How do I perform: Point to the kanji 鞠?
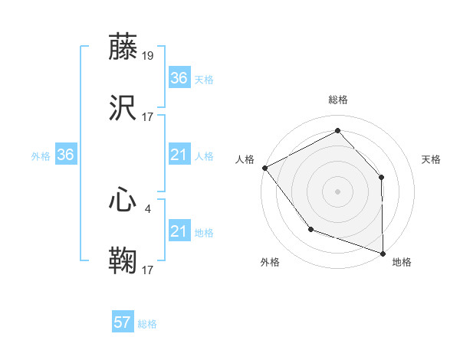(x=123, y=260)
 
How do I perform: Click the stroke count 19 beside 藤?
(x=149, y=55)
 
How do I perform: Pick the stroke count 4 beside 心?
(x=147, y=208)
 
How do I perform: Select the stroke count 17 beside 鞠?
(x=149, y=270)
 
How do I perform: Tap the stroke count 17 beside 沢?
(x=149, y=117)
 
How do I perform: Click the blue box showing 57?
(x=123, y=322)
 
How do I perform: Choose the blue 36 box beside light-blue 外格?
(x=65, y=155)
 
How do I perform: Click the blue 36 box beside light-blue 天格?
(x=179, y=78)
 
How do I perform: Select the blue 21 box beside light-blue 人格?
(x=179, y=155)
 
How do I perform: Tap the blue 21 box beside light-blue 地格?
(x=179, y=231)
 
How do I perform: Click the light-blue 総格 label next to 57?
(x=147, y=324)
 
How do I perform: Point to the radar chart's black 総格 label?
(x=337, y=100)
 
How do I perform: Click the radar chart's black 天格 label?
(x=431, y=159)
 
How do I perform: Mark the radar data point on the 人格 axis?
(x=264, y=167)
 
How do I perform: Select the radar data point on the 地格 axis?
(x=382, y=252)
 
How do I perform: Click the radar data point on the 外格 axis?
(x=310, y=228)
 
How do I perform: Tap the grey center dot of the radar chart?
(x=337, y=191)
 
